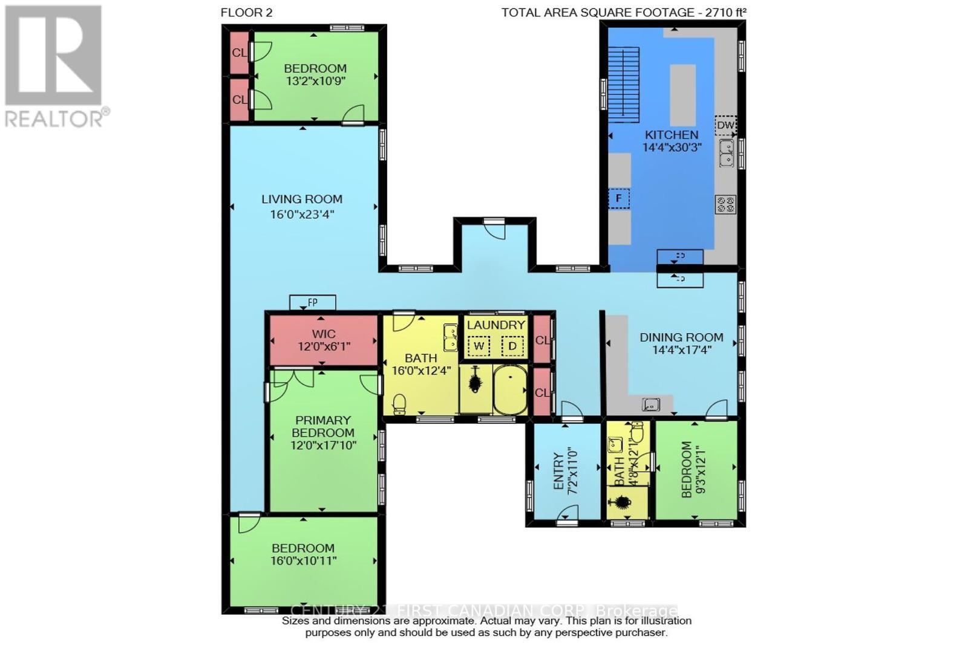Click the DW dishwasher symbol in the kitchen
click(725, 125)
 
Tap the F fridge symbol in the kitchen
click(619, 198)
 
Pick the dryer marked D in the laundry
click(512, 346)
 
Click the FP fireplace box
click(312, 302)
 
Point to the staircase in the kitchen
click(623, 83)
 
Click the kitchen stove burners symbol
click(725, 204)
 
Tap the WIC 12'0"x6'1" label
click(324, 340)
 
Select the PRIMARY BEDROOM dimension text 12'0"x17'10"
click(323, 446)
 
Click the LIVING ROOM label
click(302, 199)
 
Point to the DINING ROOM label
click(681, 337)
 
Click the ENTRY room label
click(558, 472)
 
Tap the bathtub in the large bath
click(510, 389)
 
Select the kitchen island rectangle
click(683, 94)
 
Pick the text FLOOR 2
click(246, 13)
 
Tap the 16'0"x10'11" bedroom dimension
click(303, 560)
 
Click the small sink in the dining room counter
click(651, 403)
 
